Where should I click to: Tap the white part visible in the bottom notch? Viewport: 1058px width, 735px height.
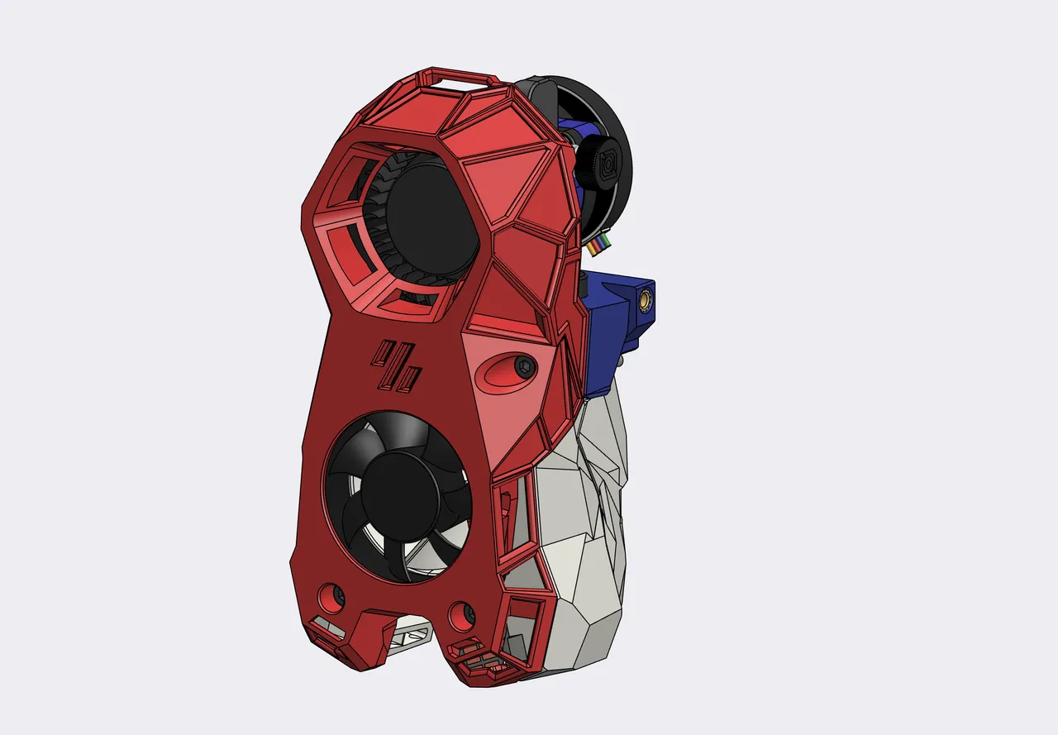(x=411, y=637)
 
